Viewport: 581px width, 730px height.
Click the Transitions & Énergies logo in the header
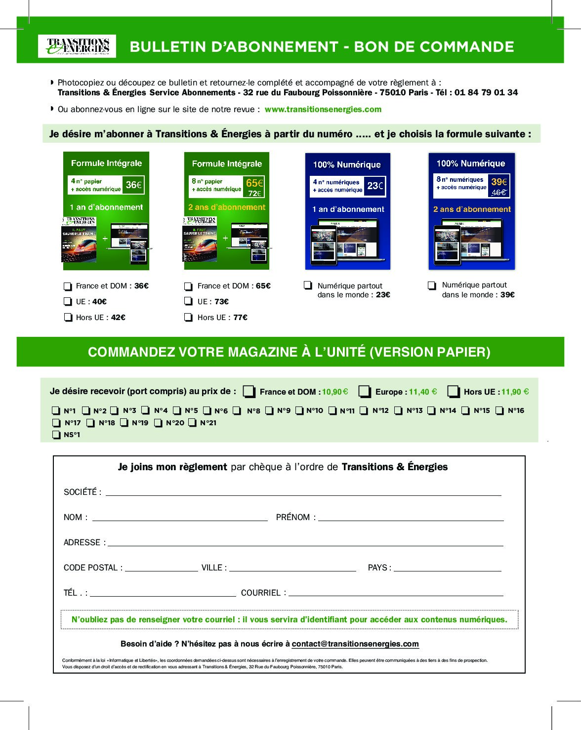coord(77,46)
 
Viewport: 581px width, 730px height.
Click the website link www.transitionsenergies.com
coord(323,109)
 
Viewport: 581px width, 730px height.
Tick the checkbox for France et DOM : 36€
coord(68,286)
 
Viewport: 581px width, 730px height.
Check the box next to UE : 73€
coord(188,301)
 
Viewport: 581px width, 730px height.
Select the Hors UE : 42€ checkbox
coord(68,318)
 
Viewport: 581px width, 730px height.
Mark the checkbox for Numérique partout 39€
coord(432,285)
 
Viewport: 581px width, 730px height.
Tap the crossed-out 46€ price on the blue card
coord(498,192)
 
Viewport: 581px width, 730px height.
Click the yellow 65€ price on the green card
coord(254,183)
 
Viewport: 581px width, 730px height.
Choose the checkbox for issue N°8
coord(237,410)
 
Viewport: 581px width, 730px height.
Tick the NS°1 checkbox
coord(56,435)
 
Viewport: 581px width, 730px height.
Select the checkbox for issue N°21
coord(192,423)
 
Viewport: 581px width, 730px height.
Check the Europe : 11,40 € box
coord(365,392)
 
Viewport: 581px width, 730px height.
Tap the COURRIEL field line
coord(396,593)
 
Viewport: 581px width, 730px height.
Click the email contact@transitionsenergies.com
coord(355,644)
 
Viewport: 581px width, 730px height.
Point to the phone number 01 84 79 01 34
coord(486,92)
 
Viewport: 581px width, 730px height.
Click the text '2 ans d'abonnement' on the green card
coord(227,207)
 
